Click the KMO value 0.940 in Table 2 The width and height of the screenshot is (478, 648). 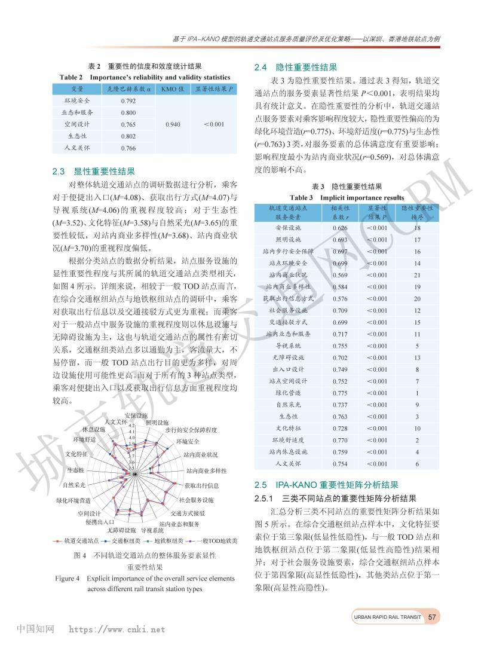pos(172,124)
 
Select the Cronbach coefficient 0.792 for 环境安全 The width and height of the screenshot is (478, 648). pos(128,100)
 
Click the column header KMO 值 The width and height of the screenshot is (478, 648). pos(172,88)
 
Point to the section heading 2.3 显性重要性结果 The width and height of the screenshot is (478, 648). pos(94,171)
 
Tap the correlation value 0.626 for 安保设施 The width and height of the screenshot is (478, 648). pos(340,228)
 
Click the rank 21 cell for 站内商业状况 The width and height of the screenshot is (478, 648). pos(417,275)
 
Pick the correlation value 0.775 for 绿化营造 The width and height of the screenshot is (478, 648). pos(340,393)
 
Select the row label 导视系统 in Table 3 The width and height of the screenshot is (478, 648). pos(288,346)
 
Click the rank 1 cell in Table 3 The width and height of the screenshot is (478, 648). pos(417,393)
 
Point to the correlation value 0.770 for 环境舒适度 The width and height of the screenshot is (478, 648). pos(340,440)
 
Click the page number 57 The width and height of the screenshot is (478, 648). pos(434,617)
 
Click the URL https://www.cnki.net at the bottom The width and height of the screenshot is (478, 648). pos(117,629)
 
